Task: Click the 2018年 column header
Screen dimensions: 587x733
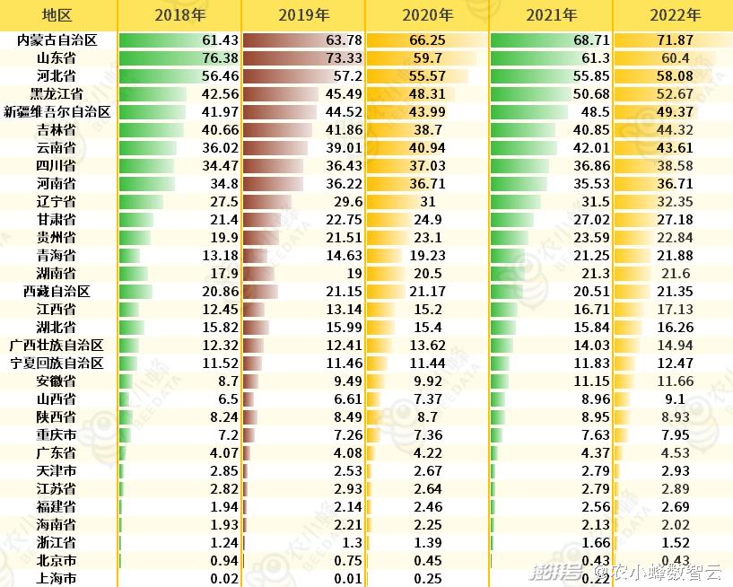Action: click(179, 15)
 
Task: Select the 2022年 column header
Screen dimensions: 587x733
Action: click(673, 15)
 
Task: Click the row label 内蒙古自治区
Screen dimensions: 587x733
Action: click(57, 40)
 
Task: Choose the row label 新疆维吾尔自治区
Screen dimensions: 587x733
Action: click(57, 112)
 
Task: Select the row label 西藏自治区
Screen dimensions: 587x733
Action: click(57, 292)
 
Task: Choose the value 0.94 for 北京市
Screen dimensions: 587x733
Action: click(223, 561)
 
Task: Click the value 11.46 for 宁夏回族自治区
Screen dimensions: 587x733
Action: click(345, 364)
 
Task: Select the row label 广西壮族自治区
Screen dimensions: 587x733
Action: click(57, 346)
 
